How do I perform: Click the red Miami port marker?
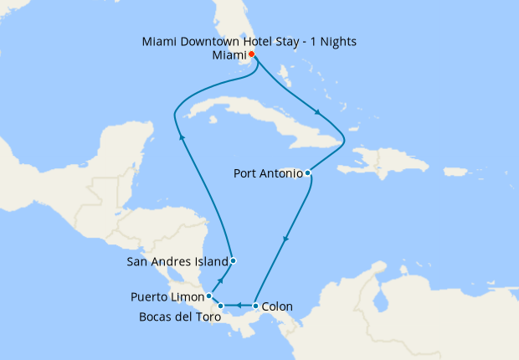click(x=252, y=55)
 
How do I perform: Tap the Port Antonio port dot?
click(x=309, y=173)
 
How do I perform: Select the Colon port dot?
click(x=254, y=306)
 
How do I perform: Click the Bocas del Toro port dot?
click(x=220, y=306)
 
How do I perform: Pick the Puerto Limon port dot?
click(x=208, y=296)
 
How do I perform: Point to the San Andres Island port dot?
click(x=233, y=260)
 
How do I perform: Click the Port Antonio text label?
click(x=268, y=173)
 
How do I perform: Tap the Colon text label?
click(x=277, y=306)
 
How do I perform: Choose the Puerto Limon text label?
click(x=167, y=296)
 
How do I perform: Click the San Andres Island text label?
click(x=177, y=260)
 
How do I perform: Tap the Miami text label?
click(x=229, y=55)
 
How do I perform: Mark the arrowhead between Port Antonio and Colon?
click(x=285, y=239)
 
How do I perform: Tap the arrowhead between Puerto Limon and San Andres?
click(x=222, y=280)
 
